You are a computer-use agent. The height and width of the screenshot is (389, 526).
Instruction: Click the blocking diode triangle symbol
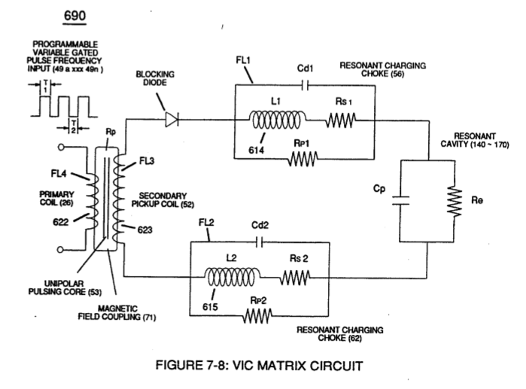(x=172, y=120)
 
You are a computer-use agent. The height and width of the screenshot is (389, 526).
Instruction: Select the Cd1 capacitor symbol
(x=305, y=86)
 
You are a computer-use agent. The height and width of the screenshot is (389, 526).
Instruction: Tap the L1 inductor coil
(x=278, y=120)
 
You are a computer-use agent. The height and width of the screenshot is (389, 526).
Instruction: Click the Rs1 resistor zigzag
(x=340, y=120)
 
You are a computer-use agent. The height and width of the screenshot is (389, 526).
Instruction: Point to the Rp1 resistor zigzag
(x=303, y=159)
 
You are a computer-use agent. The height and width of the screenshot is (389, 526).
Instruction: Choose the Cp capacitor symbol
(x=400, y=201)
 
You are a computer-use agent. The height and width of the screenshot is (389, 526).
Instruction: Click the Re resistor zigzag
(x=455, y=201)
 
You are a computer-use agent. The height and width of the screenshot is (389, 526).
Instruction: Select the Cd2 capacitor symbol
(x=260, y=242)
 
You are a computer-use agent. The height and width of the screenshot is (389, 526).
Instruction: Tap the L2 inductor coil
(x=233, y=277)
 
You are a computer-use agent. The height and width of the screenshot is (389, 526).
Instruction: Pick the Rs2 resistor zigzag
(x=295, y=278)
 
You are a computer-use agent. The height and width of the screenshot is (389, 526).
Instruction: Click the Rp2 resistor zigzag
(x=257, y=316)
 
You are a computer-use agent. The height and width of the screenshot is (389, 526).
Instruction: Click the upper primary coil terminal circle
(x=61, y=147)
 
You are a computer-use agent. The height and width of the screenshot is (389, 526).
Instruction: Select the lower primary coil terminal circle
(x=60, y=250)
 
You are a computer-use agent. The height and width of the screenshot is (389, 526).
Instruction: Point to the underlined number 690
(x=74, y=16)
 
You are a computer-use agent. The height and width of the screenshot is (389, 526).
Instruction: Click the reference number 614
(x=257, y=150)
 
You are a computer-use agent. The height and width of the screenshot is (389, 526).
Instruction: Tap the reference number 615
(x=210, y=307)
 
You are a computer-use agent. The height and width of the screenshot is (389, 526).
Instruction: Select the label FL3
(x=147, y=161)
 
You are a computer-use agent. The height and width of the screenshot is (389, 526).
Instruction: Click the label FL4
(x=59, y=174)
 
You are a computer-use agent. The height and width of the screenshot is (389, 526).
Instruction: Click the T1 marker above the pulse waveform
(x=45, y=87)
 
